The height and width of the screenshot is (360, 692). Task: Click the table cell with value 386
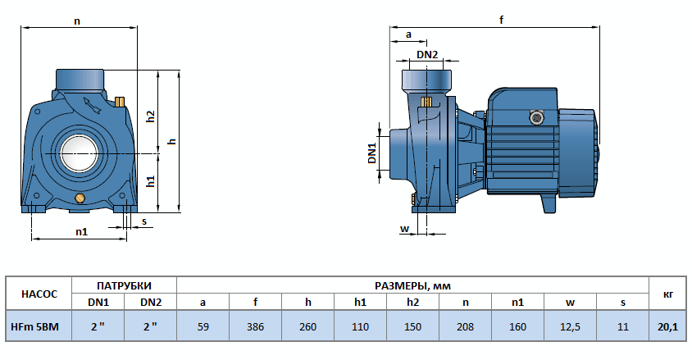tap(255, 326)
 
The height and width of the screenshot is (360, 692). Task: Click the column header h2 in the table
tap(412, 302)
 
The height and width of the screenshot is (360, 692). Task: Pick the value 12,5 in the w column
tap(570, 326)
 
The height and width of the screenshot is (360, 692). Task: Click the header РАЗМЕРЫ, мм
tap(412, 285)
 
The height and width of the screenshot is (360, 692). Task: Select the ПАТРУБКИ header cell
tap(125, 285)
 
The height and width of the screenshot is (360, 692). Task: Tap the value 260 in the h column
tap(307, 326)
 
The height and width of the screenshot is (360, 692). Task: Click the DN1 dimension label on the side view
tap(371, 153)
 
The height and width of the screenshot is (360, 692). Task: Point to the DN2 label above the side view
tap(427, 55)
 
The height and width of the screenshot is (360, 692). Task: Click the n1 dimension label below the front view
tap(81, 231)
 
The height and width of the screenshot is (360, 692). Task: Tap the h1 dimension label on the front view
tap(151, 181)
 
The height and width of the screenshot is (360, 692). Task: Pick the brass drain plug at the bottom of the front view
tap(80, 199)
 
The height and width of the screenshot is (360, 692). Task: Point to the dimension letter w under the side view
tap(403, 228)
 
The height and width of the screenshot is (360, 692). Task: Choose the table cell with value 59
tap(203, 326)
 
